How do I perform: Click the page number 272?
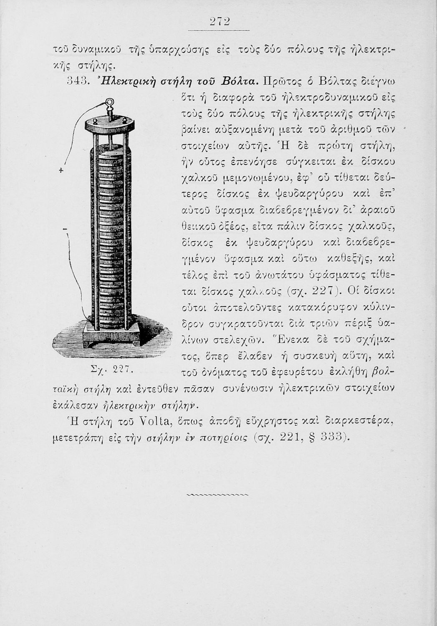tap(218, 22)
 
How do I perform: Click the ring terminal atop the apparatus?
tap(109, 103)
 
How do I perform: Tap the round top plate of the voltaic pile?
tap(109, 124)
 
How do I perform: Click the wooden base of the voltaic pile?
tap(111, 335)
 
